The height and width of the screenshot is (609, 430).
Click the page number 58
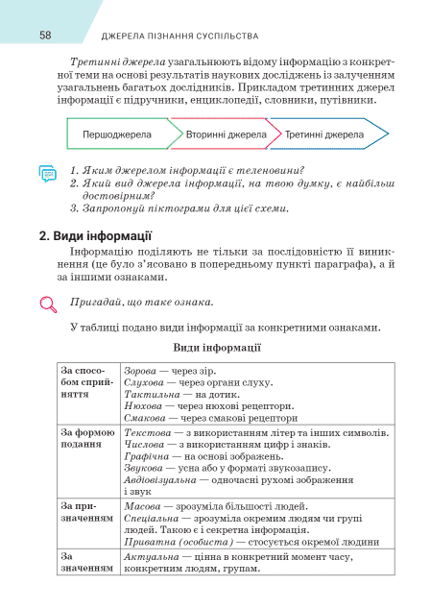click(x=45, y=35)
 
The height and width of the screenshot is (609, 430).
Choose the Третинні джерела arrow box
click(x=329, y=134)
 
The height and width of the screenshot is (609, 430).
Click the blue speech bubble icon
click(x=47, y=173)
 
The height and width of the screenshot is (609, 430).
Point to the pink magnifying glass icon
click(x=48, y=304)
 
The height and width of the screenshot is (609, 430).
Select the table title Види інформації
click(x=217, y=347)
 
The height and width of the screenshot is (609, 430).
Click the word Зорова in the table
click(x=141, y=370)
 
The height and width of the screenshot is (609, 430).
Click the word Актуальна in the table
click(x=152, y=556)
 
